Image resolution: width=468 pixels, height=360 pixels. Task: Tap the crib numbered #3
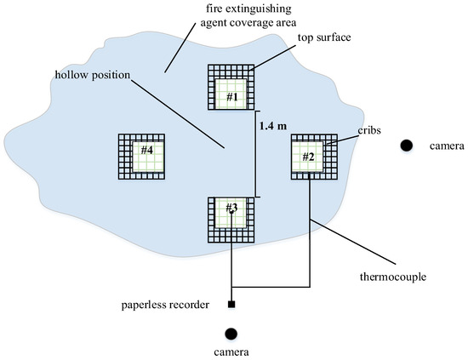pyautogui.click(x=231, y=219)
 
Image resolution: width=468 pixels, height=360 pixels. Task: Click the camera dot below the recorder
pyautogui.click(x=231, y=333)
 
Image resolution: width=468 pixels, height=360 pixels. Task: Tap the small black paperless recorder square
pyautogui.click(x=231, y=304)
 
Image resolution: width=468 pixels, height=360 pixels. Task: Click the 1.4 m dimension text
pyautogui.click(x=274, y=126)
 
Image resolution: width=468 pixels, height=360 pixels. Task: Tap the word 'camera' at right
pyautogui.click(x=442, y=146)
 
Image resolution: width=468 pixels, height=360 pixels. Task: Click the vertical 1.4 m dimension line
pyautogui.click(x=258, y=154)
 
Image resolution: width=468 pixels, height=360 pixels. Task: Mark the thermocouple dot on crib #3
pyautogui.click(x=231, y=211)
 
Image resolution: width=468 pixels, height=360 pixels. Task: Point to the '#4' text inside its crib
pyautogui.click(x=146, y=151)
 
